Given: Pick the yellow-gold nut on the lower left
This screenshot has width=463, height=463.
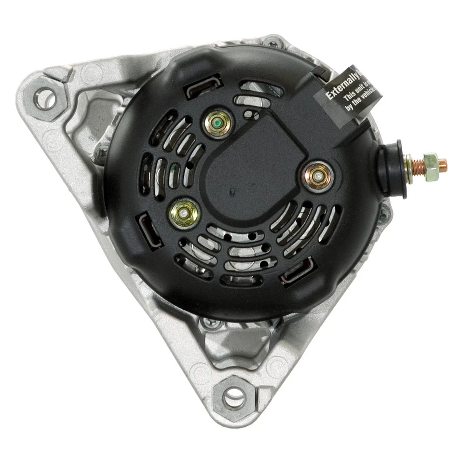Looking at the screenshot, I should [184, 213].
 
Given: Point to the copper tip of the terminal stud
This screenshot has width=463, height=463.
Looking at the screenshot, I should [442, 164].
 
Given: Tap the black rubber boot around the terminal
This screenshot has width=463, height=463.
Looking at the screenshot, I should [393, 169].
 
